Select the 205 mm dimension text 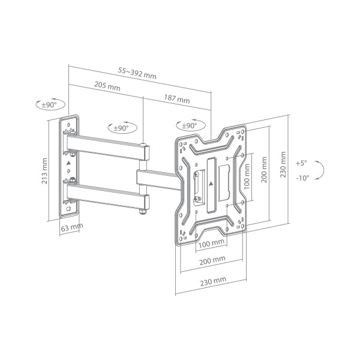click(x=107, y=86)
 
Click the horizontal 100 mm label click(x=211, y=244)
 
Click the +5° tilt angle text click(x=301, y=163)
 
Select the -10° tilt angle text click(x=301, y=178)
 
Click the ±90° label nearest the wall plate click(x=49, y=105)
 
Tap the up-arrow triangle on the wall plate click(x=69, y=162)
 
